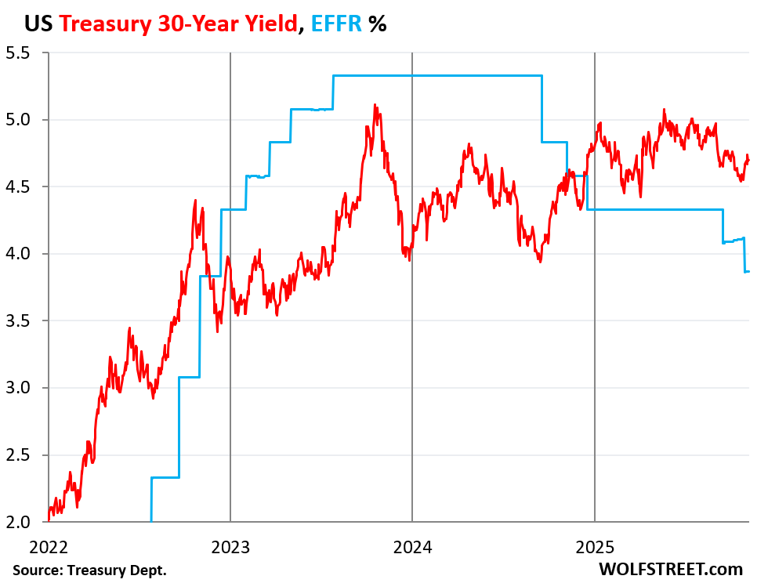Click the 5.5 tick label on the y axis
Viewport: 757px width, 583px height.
19,53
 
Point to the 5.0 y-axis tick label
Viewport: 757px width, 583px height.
19,120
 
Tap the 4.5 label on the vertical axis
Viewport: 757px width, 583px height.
19,187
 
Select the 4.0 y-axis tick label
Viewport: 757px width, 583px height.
19,254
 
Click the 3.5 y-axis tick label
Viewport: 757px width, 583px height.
19,321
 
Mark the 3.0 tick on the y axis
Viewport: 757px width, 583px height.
19,388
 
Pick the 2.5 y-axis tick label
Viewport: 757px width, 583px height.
19,455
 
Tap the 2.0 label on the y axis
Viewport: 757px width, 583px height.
19,522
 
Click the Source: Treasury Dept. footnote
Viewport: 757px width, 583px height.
90,569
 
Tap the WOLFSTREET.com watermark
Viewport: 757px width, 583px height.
670,569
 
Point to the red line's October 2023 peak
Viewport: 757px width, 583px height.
375,105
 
